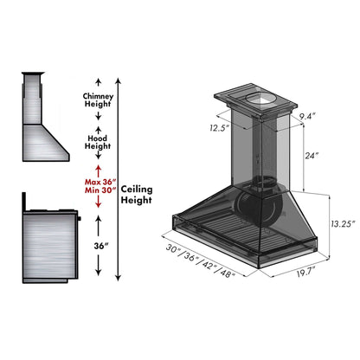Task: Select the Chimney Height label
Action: (97, 100)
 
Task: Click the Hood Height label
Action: (97, 141)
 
